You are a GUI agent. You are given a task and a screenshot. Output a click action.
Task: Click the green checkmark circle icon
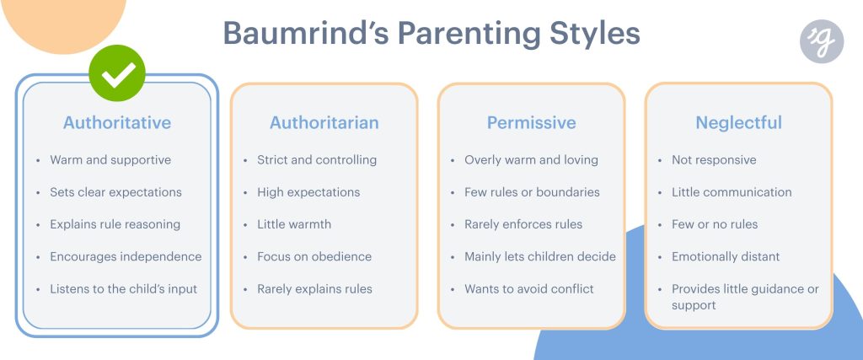pos(117,73)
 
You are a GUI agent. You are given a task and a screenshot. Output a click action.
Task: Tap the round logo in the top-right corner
pos(822,40)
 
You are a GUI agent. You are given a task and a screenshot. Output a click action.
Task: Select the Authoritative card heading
pos(117,122)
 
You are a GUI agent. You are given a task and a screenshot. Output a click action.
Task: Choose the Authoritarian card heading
pos(324,122)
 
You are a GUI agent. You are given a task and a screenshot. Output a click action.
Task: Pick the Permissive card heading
pos(531,122)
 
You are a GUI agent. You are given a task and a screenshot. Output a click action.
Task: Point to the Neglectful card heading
pos(738,122)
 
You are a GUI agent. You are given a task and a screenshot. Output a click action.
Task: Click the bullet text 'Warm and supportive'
pos(110,160)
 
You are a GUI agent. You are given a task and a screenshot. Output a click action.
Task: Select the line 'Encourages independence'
pos(126,256)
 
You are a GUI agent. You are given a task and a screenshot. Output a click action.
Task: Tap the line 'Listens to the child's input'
pos(123,288)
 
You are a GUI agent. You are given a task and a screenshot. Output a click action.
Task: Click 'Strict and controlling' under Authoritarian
pos(317,160)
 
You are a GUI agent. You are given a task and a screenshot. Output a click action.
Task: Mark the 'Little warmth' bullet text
pos(294,224)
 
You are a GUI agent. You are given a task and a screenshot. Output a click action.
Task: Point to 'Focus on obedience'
pos(314,256)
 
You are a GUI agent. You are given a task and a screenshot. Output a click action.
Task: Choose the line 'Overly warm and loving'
pos(531,160)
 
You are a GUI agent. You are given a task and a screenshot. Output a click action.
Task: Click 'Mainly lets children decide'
pos(540,256)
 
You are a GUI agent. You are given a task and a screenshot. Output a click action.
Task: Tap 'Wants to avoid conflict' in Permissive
pos(529,288)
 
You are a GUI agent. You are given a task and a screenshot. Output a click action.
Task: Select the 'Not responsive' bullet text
pos(714,160)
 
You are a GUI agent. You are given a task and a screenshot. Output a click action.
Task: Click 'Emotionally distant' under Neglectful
pos(726,256)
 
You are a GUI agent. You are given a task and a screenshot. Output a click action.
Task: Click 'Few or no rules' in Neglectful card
pos(715,224)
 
